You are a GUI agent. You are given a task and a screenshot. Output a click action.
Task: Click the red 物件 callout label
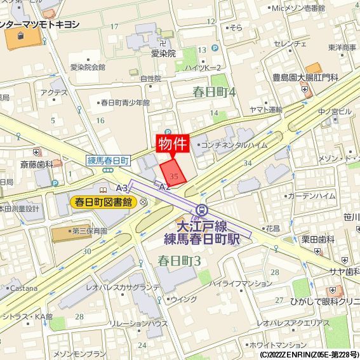tap(172, 143)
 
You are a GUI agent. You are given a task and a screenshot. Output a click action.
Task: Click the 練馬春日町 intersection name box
tap(108, 161)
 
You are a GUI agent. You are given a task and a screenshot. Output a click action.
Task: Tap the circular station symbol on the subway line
tap(201, 210)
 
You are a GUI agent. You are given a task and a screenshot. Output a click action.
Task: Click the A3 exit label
tap(122, 188)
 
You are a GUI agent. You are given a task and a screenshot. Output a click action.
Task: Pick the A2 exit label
tap(164, 187)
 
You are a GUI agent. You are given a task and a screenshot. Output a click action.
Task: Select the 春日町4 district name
tap(214, 93)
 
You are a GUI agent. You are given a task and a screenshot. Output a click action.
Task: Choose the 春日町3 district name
tap(179, 260)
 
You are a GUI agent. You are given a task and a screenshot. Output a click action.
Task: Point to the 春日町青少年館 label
tap(125, 102)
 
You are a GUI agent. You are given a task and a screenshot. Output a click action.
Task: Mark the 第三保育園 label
tap(90, 231)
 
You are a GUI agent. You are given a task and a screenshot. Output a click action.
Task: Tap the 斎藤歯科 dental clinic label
tap(37, 163)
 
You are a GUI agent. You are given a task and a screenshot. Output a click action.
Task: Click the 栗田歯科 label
tap(317, 239)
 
